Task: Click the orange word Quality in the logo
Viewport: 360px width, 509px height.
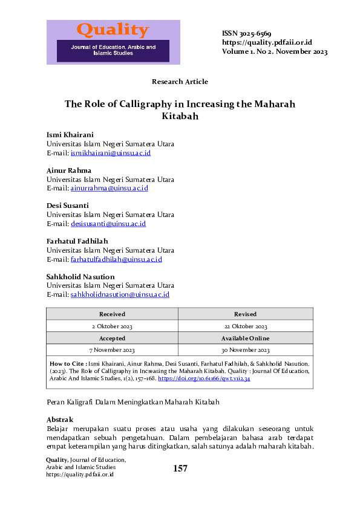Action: coord(113,30)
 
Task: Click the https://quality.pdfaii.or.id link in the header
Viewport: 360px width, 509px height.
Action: coord(267,42)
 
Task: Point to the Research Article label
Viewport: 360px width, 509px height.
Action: coord(180,82)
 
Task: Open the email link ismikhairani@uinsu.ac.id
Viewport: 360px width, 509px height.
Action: coord(111,153)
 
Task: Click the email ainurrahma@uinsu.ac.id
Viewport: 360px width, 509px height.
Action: coord(110,188)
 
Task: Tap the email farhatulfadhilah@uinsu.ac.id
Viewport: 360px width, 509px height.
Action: coord(116,259)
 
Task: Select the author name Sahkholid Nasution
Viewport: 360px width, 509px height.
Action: coord(80,276)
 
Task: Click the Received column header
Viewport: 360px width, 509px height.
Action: coord(112,314)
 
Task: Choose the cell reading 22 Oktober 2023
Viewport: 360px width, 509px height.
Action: coord(245,326)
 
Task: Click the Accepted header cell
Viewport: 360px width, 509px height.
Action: coord(112,339)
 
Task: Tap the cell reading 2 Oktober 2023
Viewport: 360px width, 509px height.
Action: coord(112,326)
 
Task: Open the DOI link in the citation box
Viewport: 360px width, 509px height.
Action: coord(204,378)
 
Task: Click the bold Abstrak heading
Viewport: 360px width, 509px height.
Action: coord(60,420)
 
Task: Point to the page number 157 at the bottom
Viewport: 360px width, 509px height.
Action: coord(180,468)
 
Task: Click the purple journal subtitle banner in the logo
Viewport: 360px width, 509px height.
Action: coord(113,50)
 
